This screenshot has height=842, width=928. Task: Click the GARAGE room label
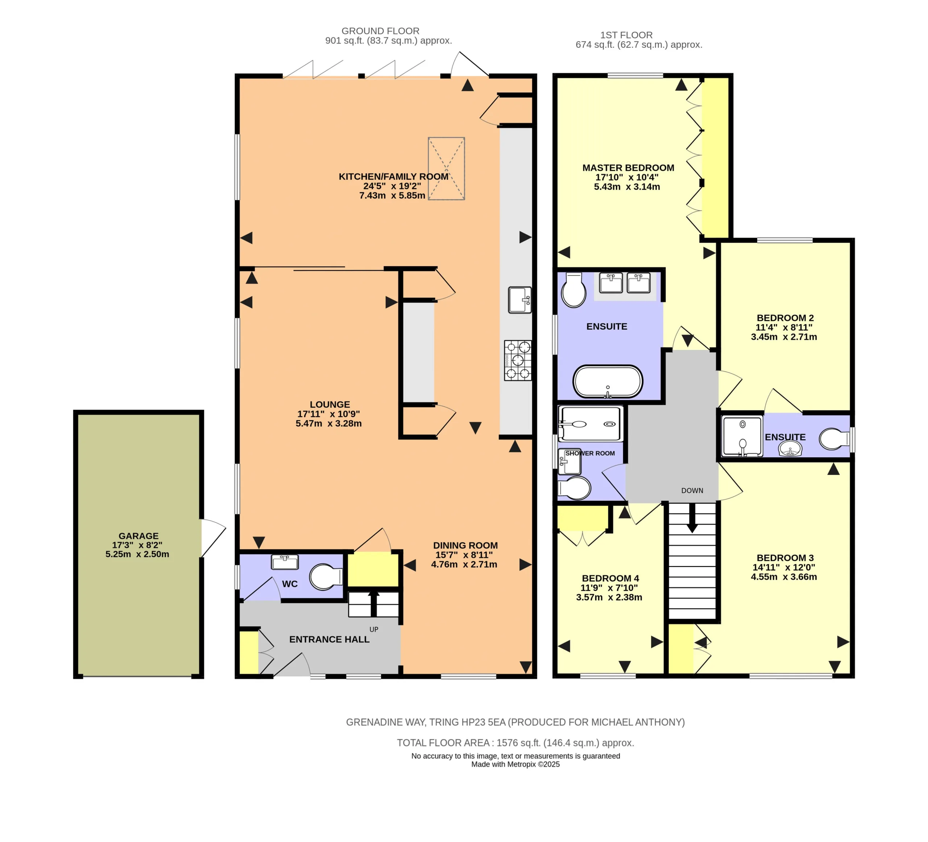click(138, 535)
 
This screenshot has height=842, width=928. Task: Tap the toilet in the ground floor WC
click(326, 577)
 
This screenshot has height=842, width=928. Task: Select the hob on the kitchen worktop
click(518, 360)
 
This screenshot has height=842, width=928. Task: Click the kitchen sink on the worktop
click(520, 300)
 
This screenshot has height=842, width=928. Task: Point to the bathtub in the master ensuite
click(608, 382)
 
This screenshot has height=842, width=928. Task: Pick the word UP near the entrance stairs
click(374, 629)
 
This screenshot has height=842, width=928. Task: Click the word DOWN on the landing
click(692, 491)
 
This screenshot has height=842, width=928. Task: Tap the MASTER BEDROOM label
click(628, 168)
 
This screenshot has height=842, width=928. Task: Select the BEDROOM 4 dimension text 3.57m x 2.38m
click(609, 597)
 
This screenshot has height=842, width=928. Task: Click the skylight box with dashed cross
click(446, 168)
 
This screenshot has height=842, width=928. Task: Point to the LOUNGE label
click(330, 404)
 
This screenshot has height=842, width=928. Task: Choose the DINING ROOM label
click(465, 545)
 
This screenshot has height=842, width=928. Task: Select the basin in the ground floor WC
click(285, 562)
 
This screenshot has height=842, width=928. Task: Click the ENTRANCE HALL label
click(329, 639)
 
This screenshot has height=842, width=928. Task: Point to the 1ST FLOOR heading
click(626, 35)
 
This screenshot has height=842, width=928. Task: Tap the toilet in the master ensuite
click(573, 290)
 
